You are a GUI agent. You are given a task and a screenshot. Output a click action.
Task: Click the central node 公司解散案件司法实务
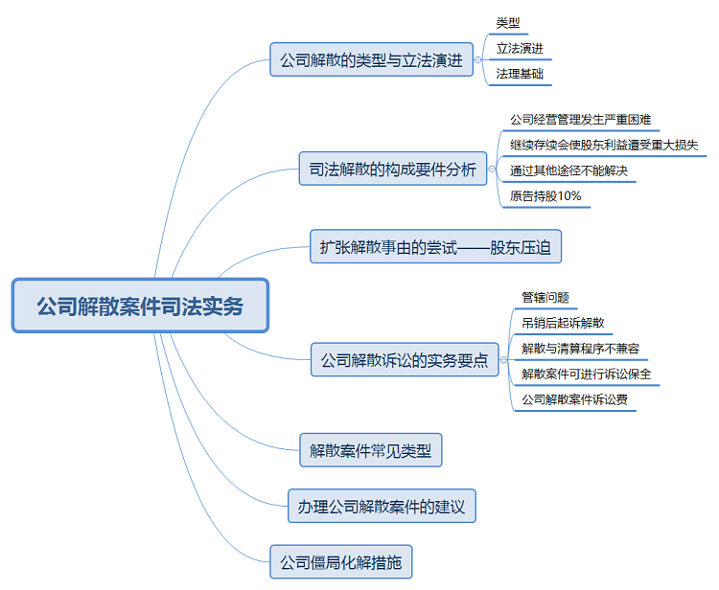click(140, 306)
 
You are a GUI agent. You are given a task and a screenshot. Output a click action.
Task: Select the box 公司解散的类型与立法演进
click(371, 59)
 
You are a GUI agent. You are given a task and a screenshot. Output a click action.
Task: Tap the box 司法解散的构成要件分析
click(392, 169)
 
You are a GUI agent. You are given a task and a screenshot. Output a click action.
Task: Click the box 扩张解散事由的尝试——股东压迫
click(436, 246)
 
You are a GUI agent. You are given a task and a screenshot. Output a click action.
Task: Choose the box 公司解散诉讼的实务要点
click(404, 360)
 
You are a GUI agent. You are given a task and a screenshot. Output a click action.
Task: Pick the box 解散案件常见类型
click(370, 449)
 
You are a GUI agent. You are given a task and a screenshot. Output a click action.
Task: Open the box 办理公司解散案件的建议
click(382, 507)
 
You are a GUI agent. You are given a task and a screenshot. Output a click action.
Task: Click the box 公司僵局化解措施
click(341, 560)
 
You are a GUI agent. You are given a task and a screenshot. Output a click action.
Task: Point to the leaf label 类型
click(508, 23)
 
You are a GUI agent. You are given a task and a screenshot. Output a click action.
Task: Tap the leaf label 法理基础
click(523, 73)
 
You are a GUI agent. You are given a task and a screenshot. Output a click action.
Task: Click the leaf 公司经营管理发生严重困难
click(580, 121)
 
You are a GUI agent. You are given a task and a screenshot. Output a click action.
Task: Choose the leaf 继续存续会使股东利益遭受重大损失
click(604, 146)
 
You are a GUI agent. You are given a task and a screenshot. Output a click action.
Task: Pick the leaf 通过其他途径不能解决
click(568, 171)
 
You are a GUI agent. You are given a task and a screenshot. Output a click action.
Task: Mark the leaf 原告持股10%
click(545, 196)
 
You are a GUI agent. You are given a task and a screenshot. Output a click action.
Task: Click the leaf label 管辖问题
click(545, 298)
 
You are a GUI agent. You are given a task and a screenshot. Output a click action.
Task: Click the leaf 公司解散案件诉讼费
click(574, 398)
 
